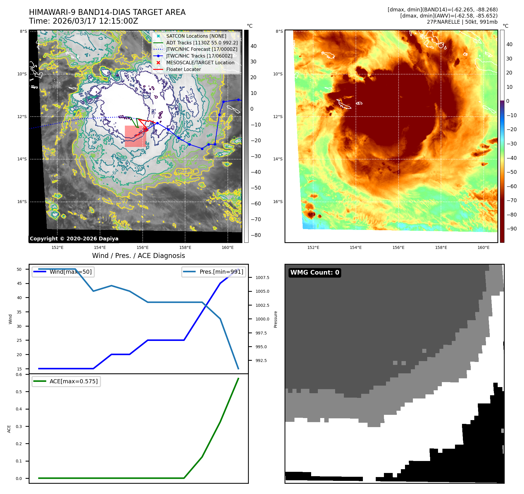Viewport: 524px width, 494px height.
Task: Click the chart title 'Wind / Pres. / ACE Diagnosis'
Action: click(x=138, y=256)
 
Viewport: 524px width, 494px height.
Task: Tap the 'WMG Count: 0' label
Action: click(x=315, y=273)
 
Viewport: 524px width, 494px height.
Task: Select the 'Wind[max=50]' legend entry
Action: click(x=70, y=272)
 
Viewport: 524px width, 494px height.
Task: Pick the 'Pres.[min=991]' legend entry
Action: click(x=221, y=272)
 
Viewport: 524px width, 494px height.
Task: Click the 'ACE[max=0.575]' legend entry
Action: click(x=73, y=381)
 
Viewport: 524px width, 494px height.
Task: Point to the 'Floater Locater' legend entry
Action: click(x=183, y=70)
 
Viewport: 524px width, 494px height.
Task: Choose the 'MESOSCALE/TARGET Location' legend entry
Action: click(x=200, y=63)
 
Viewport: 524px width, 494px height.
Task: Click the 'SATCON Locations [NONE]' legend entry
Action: click(x=196, y=36)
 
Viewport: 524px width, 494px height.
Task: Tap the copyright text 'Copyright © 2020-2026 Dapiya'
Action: click(x=74, y=239)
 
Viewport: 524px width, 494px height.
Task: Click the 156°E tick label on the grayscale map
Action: click(x=142, y=248)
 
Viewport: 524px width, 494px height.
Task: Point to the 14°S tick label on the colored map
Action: click(x=278, y=159)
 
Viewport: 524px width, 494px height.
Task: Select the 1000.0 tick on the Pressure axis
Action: click(x=262, y=319)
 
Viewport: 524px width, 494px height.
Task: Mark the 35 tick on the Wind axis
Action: click(x=19, y=312)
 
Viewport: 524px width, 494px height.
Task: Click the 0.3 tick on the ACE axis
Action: click(x=19, y=427)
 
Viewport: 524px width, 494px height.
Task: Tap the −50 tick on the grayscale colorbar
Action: click(x=256, y=188)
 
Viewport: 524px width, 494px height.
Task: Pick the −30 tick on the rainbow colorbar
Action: click(x=511, y=144)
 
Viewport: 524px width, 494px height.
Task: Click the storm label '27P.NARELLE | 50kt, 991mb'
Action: click(x=462, y=22)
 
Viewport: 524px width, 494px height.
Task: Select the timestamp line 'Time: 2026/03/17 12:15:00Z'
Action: click(x=83, y=21)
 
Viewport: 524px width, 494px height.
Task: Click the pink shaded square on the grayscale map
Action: click(x=135, y=136)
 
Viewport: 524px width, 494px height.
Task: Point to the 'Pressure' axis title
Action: click(x=275, y=319)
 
